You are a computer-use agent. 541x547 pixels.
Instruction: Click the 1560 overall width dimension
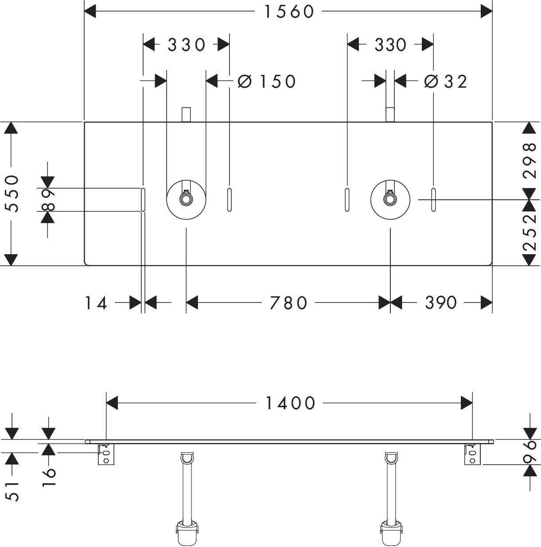289,12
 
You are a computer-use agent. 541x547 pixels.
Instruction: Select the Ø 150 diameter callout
266,82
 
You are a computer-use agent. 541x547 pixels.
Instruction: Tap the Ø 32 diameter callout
445,82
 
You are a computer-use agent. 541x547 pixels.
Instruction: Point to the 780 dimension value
288,303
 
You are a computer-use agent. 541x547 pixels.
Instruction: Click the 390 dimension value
441,303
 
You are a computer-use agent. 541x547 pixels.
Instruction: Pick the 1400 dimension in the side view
290,403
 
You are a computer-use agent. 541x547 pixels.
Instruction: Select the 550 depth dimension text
12,194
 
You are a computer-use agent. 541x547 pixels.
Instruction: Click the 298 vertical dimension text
529,160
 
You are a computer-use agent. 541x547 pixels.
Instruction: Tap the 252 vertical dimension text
529,233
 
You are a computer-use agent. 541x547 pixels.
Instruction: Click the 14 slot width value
96,303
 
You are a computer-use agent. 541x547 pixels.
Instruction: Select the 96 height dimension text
529,452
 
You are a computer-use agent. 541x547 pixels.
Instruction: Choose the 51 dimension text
12,492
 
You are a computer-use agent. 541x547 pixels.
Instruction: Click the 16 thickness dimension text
49,477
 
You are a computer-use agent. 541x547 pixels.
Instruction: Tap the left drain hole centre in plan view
186,200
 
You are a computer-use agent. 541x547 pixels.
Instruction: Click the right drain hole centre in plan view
390,200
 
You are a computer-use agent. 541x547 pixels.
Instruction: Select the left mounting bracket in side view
106,454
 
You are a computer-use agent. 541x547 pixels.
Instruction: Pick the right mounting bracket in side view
472,454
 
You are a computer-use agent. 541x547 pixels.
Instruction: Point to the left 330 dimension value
186,45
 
